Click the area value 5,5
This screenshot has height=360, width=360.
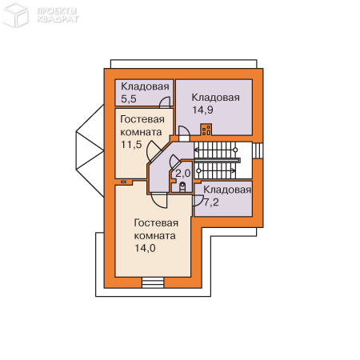(x=129, y=99)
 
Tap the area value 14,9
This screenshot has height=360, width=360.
(x=202, y=110)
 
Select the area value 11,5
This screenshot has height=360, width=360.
(x=131, y=145)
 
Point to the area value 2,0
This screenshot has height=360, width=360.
(x=183, y=174)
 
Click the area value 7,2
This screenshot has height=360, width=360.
(x=211, y=202)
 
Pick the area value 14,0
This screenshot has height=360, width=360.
(x=145, y=248)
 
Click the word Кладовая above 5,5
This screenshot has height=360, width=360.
(x=145, y=86)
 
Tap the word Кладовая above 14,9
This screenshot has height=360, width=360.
(x=216, y=98)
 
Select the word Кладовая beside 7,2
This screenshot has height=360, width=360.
(x=227, y=190)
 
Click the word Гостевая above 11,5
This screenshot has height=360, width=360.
(x=142, y=119)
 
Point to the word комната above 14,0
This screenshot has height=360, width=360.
(x=154, y=236)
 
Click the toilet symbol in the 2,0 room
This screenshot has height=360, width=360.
(x=182, y=186)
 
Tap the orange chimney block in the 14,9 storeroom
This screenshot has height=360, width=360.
(x=206, y=130)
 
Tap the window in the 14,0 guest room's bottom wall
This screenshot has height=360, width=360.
(x=153, y=282)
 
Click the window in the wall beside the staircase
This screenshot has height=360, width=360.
(x=258, y=151)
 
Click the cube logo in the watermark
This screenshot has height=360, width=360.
(x=15, y=14)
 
